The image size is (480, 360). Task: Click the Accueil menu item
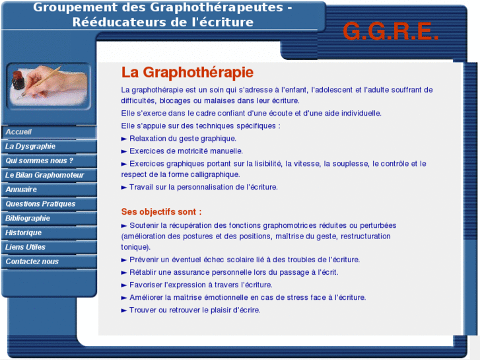click(18, 132)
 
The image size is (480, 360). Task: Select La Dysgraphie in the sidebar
click(30, 147)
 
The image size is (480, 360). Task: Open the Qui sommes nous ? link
click(39, 161)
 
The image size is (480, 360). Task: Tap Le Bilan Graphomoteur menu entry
click(45, 176)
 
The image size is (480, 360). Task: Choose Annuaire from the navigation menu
click(21, 190)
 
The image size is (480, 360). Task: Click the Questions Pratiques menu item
click(40, 204)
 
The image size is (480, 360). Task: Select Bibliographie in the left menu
click(28, 219)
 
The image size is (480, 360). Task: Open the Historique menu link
click(24, 233)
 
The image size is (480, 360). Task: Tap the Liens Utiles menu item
click(26, 247)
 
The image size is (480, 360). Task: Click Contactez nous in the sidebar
click(32, 262)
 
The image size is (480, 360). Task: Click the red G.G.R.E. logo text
click(390, 32)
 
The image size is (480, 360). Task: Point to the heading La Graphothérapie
click(187, 72)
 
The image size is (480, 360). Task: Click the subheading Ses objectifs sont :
click(161, 212)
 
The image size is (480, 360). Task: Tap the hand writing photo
click(48, 85)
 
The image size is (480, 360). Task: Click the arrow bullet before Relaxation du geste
click(124, 139)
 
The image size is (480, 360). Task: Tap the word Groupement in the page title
click(71, 8)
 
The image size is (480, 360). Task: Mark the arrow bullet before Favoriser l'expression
click(124, 285)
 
